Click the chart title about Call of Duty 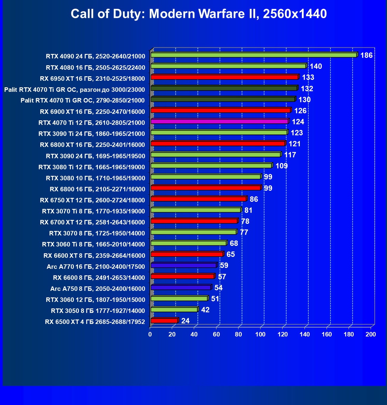point(199,14)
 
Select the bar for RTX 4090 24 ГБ point(254,55)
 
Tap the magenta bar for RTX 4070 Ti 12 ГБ point(219,121)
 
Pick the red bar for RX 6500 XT point(164,321)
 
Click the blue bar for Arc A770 point(183,265)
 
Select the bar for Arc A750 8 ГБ point(181,288)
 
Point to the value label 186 point(366,55)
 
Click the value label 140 point(316,66)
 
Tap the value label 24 point(185,321)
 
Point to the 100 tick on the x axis point(260,334)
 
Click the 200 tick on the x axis point(371,334)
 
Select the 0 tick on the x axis point(150,334)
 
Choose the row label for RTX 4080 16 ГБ point(96,67)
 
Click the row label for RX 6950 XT point(92,78)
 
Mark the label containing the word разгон point(74,89)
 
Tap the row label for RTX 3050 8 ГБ point(98,311)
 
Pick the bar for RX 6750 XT point(198,199)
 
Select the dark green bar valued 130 point(223,99)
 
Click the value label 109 point(282,166)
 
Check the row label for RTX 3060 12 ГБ point(96,300)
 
